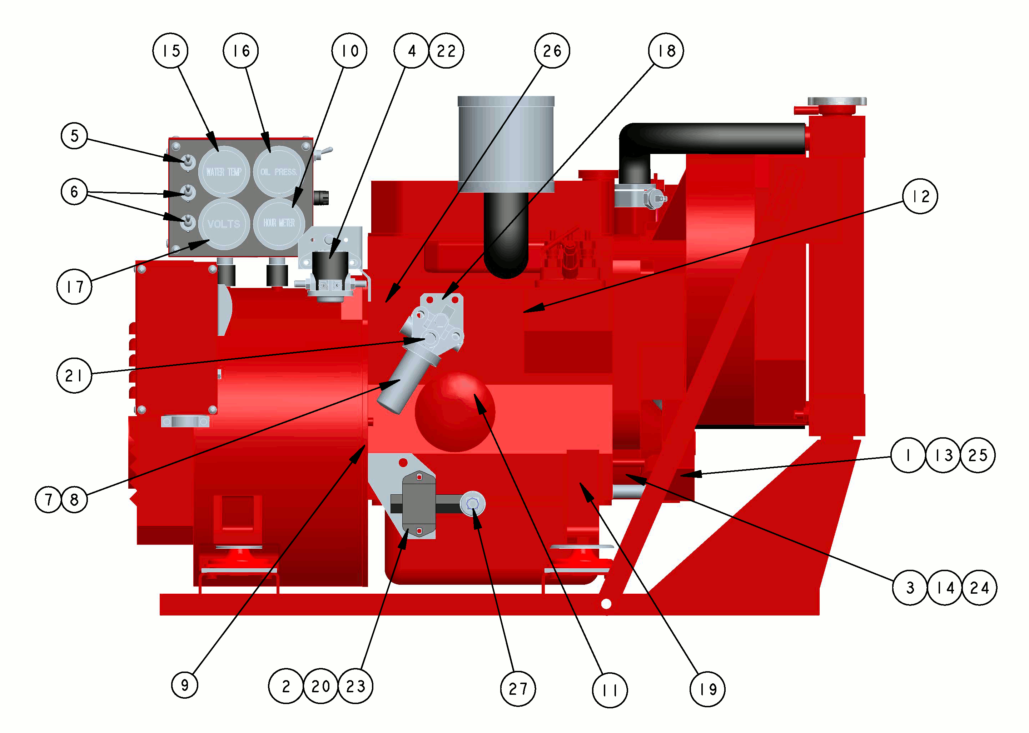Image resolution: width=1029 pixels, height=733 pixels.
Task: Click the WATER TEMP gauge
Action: [x=224, y=172]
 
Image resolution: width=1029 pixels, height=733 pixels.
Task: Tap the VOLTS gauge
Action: [x=224, y=224]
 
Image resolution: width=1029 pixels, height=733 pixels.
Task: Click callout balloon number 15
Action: [x=170, y=51]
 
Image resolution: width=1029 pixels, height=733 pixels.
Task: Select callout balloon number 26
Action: [x=552, y=51]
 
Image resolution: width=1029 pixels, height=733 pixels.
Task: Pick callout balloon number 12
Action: [x=920, y=196]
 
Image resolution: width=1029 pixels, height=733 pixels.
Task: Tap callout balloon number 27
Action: [x=518, y=689]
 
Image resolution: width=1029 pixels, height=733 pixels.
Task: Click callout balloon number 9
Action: [x=185, y=685]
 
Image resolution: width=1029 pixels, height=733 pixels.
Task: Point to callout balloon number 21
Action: [x=74, y=375]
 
